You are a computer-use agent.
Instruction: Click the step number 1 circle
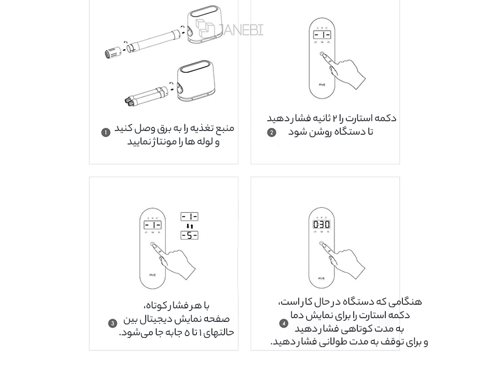pyautogui.click(x=106, y=133)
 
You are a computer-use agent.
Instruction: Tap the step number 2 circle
pyautogui.click(x=271, y=133)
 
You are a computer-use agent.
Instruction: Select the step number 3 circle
pyautogui.click(x=112, y=324)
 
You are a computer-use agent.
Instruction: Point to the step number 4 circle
pyautogui.click(x=284, y=324)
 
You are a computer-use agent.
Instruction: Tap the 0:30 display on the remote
pyautogui.click(x=322, y=224)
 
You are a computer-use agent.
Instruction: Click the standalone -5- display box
pyautogui.click(x=189, y=235)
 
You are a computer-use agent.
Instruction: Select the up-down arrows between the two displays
pyautogui.click(x=189, y=226)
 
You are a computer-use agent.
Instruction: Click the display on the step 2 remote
pyautogui.click(x=322, y=35)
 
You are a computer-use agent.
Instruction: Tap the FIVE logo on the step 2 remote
pyautogui.click(x=322, y=84)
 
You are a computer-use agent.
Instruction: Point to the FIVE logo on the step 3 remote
pyautogui.click(x=152, y=275)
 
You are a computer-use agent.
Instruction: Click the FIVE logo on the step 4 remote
pyautogui.click(x=322, y=278)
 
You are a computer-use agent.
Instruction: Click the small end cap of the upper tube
pyautogui.click(x=112, y=53)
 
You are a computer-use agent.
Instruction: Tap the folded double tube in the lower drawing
pyautogui.click(x=146, y=96)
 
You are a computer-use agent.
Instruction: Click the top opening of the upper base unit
pyautogui.click(x=205, y=13)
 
